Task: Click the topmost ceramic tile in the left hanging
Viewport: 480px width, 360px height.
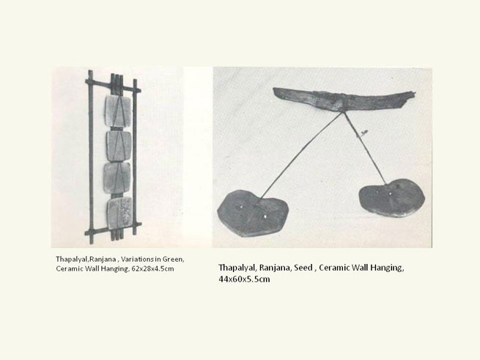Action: (x=118, y=111)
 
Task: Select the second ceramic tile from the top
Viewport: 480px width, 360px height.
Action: (x=119, y=146)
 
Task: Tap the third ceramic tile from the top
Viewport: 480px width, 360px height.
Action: (x=117, y=178)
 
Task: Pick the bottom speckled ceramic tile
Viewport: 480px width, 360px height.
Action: (x=119, y=213)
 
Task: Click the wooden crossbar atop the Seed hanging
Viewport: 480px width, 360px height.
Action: (x=344, y=99)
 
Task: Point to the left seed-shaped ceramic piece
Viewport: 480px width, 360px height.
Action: (x=253, y=213)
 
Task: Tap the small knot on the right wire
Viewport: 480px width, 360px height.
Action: (x=363, y=133)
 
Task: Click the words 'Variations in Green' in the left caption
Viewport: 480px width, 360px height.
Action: (x=152, y=260)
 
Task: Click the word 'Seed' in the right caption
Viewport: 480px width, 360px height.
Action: (x=303, y=268)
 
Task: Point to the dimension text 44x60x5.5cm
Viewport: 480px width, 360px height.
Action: (x=244, y=279)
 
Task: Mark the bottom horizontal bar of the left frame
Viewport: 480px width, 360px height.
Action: (x=113, y=229)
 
